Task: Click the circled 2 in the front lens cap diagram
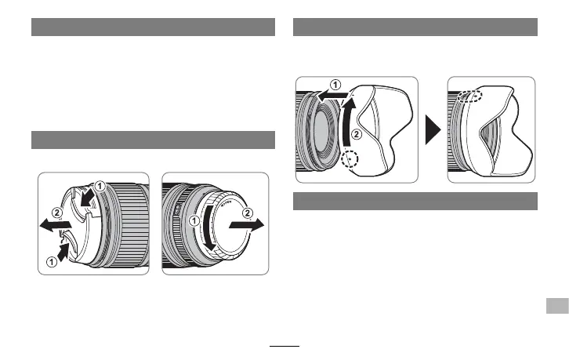tap(47, 213)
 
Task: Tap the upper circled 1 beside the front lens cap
tap(99, 187)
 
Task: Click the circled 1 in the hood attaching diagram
tap(335, 84)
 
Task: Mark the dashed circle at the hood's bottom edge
tap(352, 160)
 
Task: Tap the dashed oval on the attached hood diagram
tap(470, 96)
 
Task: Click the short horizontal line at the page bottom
tap(284, 345)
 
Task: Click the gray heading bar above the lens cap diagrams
tap(154, 139)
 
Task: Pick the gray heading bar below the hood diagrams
tap(415, 202)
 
